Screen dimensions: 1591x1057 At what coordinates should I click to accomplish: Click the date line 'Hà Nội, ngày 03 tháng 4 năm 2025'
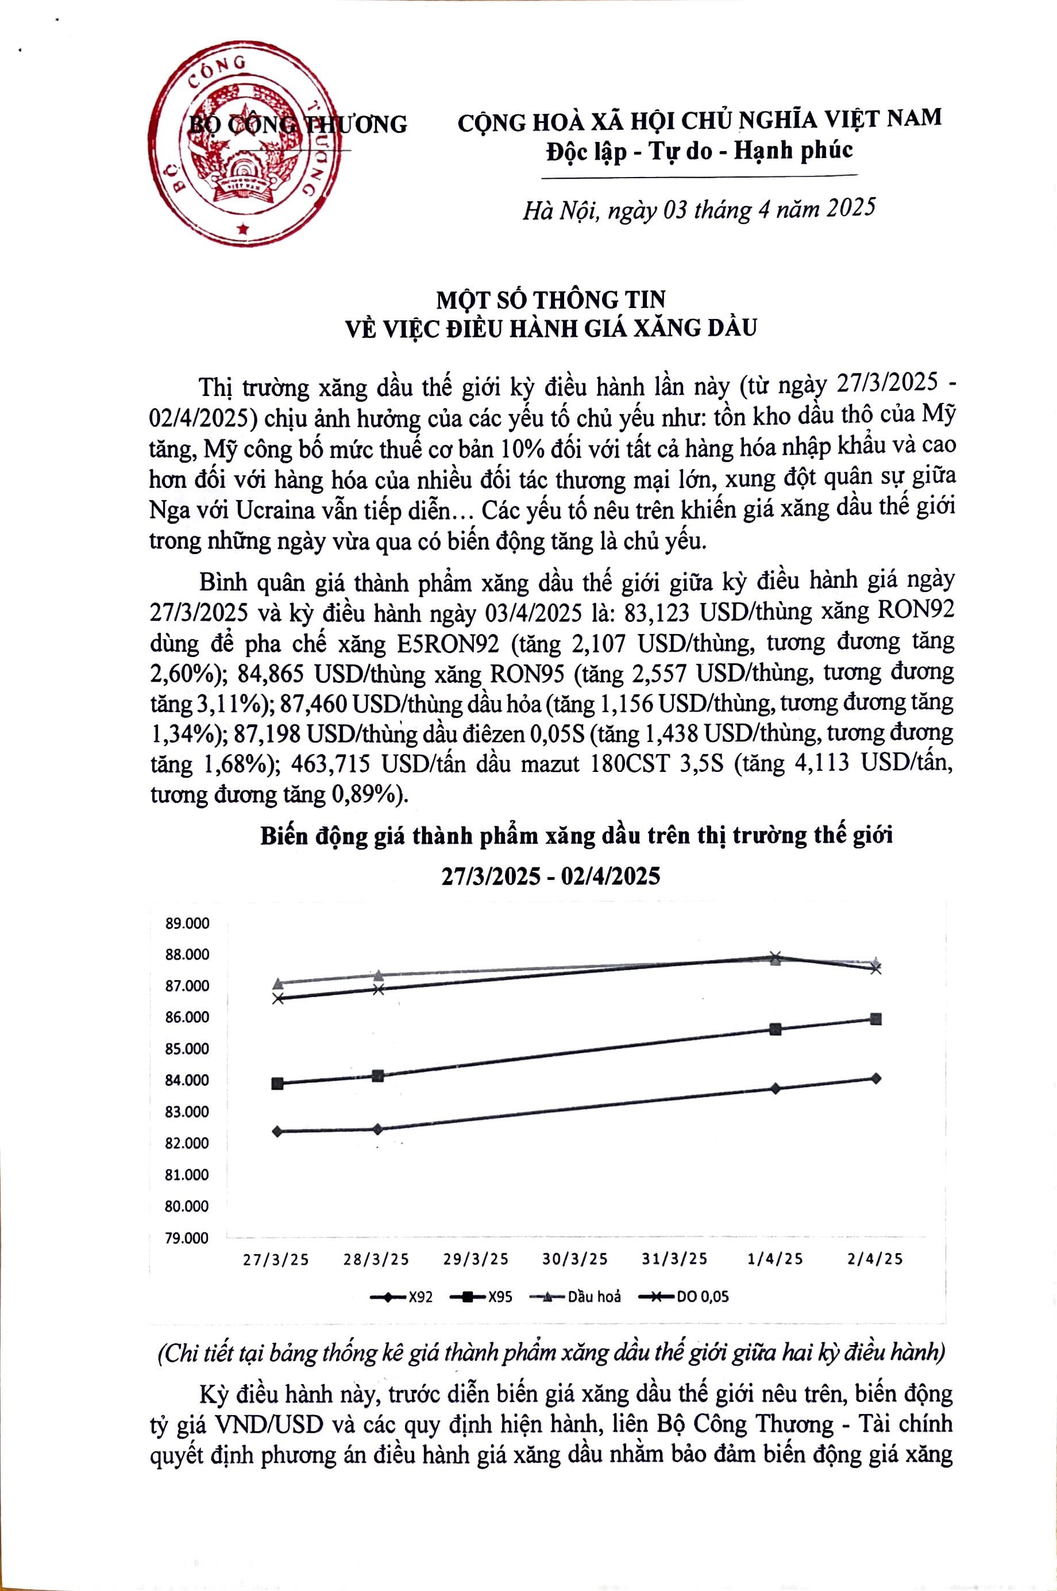click(699, 210)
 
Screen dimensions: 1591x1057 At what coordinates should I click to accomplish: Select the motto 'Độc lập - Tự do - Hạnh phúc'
click(699, 149)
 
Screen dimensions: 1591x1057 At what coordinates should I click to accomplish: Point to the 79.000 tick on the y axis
click(187, 1238)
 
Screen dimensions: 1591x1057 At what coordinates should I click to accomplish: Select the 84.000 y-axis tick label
click(187, 1081)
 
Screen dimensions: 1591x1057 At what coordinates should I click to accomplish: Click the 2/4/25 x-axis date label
click(875, 1259)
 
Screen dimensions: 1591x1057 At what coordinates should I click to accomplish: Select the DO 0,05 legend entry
click(684, 1296)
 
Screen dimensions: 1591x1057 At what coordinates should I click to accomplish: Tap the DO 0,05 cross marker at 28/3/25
click(378, 989)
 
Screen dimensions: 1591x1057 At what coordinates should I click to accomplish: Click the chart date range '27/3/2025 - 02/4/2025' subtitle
click(550, 876)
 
